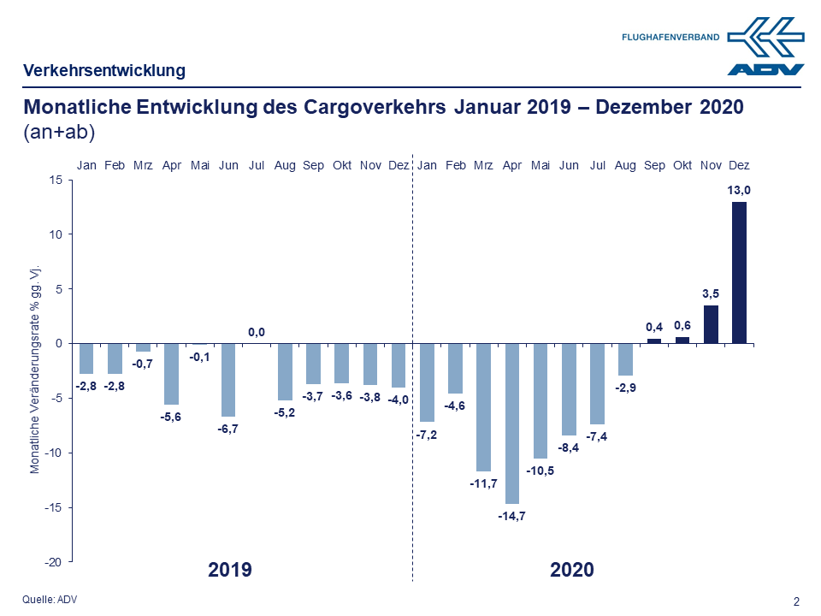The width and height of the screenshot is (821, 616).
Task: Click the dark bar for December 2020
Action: coord(739,272)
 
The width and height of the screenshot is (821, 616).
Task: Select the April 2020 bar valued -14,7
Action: coord(512,423)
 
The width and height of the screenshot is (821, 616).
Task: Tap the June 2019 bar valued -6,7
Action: coord(228,380)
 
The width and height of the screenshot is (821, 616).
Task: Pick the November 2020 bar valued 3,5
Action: coord(711,324)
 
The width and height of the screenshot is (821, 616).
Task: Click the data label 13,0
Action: coord(739,190)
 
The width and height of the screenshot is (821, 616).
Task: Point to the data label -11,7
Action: coord(484,483)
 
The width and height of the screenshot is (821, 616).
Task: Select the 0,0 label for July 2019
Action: coord(257,332)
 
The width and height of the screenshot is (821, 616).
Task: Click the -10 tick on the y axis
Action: coord(54,453)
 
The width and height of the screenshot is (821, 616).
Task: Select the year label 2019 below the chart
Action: coord(230,570)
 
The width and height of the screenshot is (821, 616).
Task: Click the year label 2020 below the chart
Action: coord(572,570)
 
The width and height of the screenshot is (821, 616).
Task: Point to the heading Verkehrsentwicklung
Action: coord(104,71)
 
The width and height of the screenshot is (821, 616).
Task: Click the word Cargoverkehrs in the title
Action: coord(375,109)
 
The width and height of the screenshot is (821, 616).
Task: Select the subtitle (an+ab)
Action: coord(60,133)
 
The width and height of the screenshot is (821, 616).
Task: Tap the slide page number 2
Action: coord(797,601)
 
